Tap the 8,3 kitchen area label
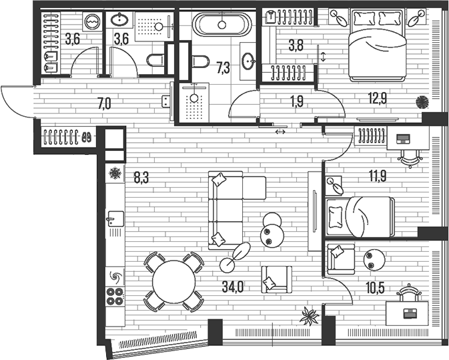click(x=141, y=178)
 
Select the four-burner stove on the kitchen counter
click(x=115, y=296)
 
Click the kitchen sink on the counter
click(x=114, y=218)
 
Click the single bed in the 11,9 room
click(x=360, y=216)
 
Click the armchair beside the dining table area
click(x=276, y=279)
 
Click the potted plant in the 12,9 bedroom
click(x=422, y=102)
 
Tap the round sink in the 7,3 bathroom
click(x=248, y=62)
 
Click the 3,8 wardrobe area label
click(x=296, y=46)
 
